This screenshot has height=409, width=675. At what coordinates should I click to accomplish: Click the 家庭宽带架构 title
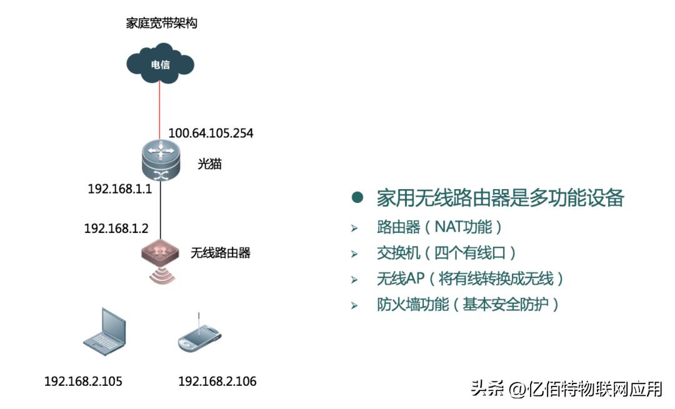tap(162, 24)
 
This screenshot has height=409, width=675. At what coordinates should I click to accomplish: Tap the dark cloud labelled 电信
tap(161, 64)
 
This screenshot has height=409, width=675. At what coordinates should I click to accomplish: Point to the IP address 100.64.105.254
tap(211, 133)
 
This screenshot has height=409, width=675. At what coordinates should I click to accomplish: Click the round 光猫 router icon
tap(160, 160)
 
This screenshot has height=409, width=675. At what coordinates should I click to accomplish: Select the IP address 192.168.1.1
tap(119, 189)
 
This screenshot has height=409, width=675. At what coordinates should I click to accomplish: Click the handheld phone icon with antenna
tap(199, 335)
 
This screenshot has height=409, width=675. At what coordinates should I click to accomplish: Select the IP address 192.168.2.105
tap(83, 381)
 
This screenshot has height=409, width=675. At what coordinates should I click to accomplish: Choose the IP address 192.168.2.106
tap(217, 381)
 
